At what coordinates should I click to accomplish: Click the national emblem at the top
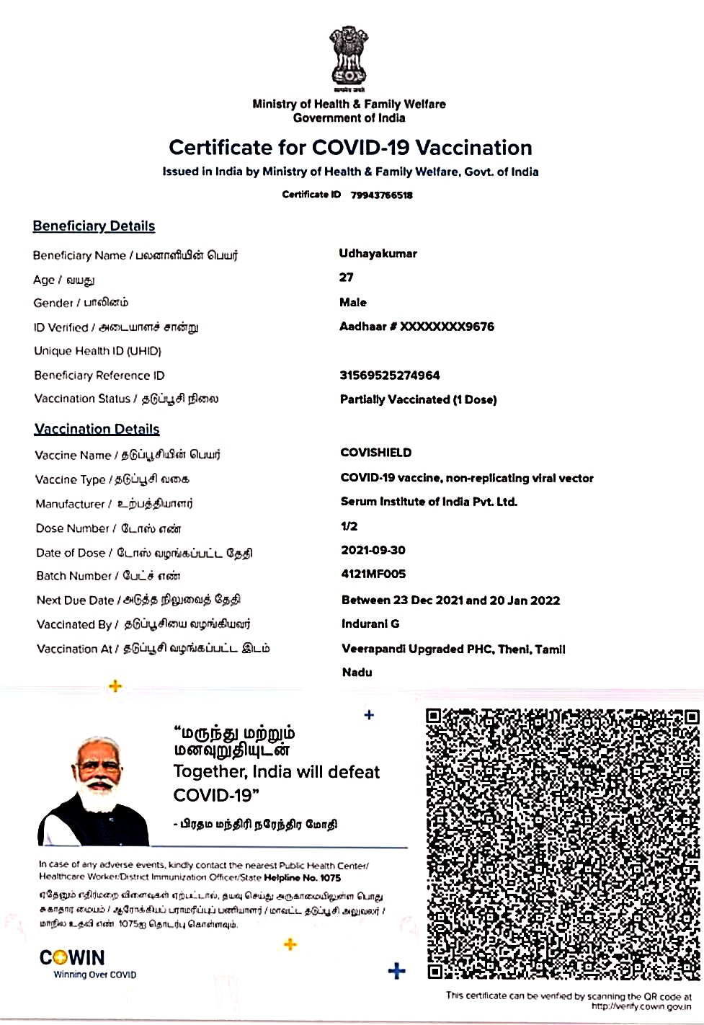(x=349, y=56)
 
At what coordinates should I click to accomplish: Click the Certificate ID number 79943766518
(x=381, y=195)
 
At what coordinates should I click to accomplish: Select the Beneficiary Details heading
(x=94, y=226)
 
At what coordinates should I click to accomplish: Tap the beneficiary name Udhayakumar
(x=378, y=254)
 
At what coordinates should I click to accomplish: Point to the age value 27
(x=347, y=278)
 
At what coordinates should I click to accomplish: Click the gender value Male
(x=353, y=303)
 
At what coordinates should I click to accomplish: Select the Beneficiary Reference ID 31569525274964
(x=389, y=376)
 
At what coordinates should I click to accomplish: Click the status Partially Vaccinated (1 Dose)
(x=418, y=399)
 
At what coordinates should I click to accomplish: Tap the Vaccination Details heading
(x=97, y=430)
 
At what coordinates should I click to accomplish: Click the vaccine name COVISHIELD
(x=375, y=453)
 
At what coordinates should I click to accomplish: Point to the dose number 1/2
(x=349, y=526)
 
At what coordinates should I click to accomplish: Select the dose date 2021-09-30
(x=373, y=550)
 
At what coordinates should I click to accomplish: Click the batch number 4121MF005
(x=373, y=574)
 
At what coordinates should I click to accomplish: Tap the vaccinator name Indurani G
(x=370, y=624)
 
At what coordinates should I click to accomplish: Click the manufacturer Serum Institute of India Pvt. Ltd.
(x=429, y=502)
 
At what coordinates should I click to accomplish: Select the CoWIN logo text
(x=72, y=958)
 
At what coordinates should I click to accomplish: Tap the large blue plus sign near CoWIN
(x=396, y=971)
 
